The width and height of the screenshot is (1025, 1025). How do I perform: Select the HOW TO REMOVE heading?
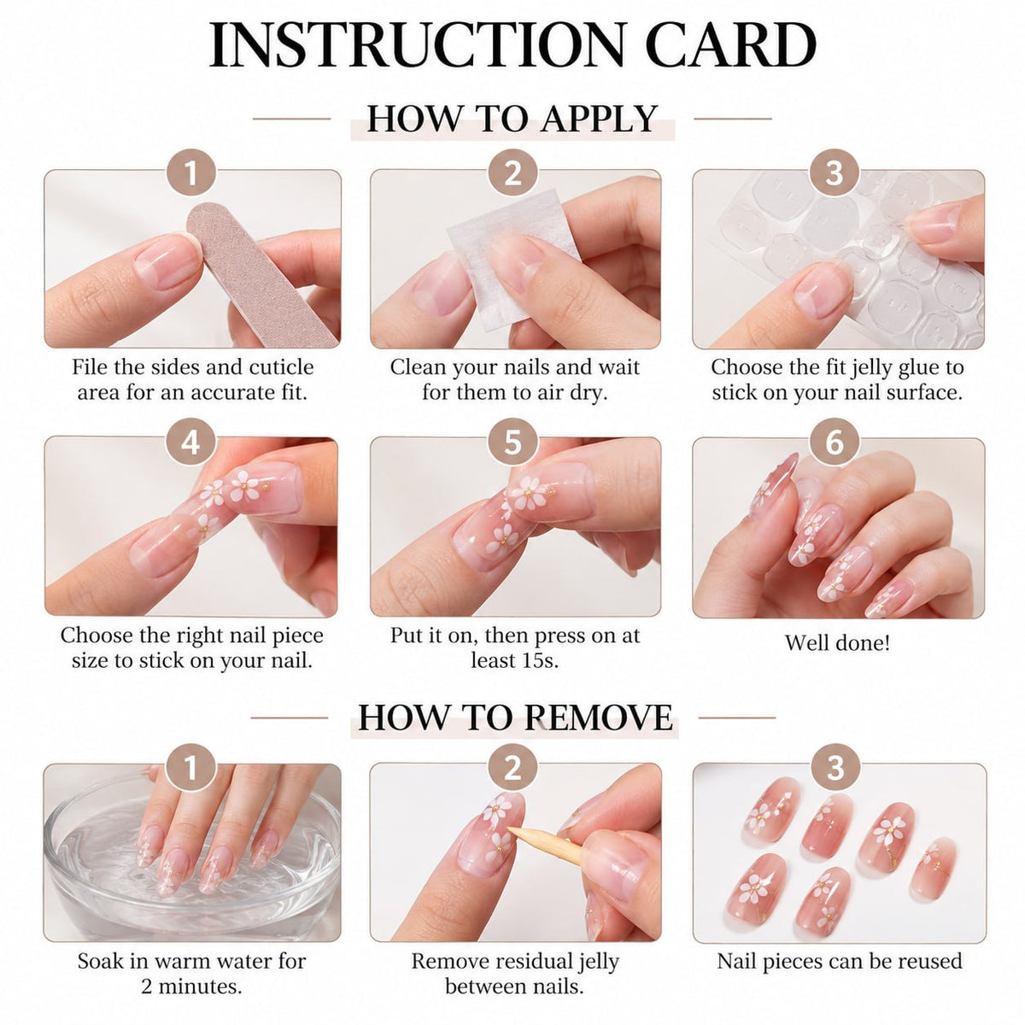click(515, 717)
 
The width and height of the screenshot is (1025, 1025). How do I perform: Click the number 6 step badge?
click(834, 442)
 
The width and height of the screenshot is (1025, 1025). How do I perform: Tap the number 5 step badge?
click(512, 442)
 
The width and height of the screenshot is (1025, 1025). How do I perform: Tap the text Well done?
click(837, 643)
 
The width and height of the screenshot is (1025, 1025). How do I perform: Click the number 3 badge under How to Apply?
click(834, 173)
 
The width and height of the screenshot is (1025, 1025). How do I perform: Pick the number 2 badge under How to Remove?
click(512, 769)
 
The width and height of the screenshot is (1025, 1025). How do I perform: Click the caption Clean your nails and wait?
click(514, 367)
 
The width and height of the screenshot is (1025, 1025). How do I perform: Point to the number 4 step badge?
click(190, 442)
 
